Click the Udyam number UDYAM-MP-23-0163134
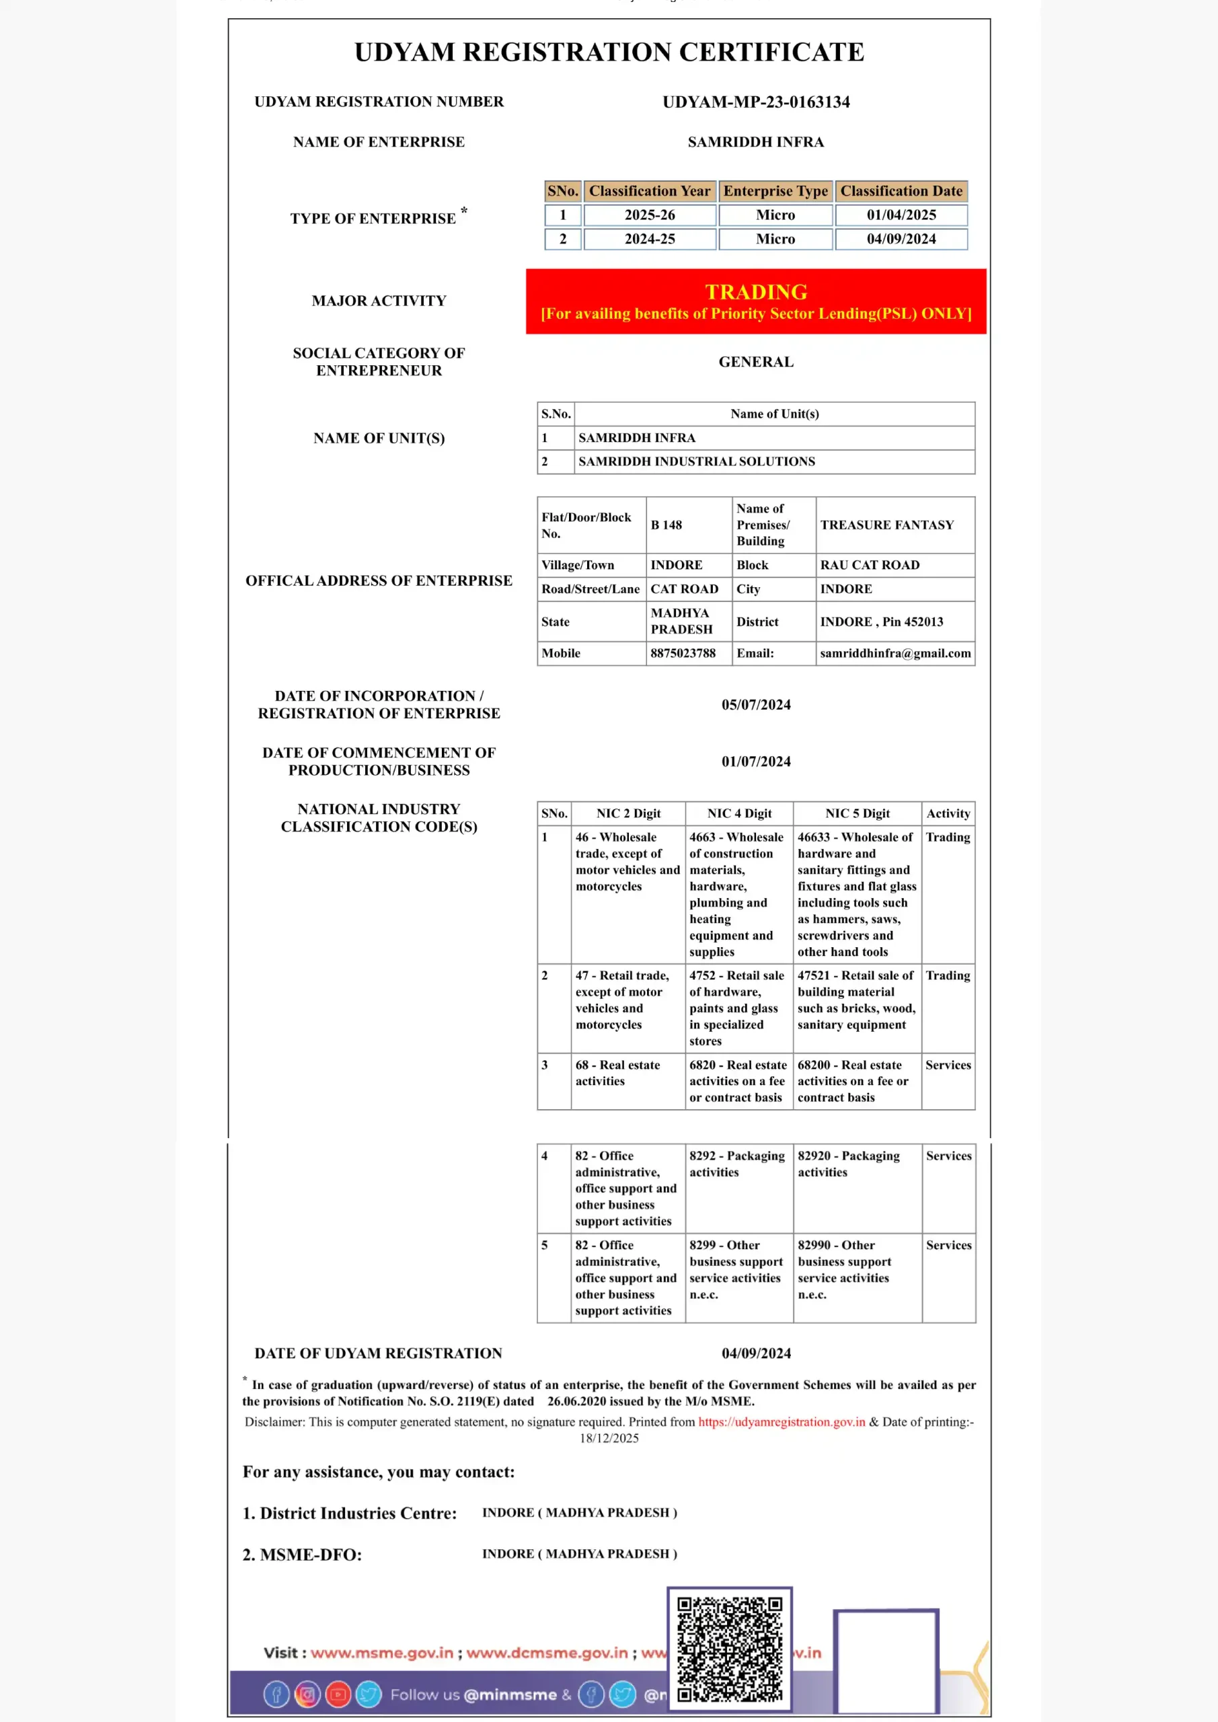[756, 102]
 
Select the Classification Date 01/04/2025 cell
[901, 215]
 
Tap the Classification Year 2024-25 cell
[650, 239]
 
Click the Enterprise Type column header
[775, 191]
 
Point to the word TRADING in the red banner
[756, 292]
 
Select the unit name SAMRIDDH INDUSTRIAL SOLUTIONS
[696, 461]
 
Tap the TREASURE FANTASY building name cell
[886, 525]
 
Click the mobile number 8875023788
[683, 653]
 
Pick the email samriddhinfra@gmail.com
[895, 653]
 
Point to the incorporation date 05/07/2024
[756, 705]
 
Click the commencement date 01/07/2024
[756, 762]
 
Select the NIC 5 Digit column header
[858, 814]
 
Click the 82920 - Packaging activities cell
[848, 1164]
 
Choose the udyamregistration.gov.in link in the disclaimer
[782, 1422]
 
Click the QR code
[729, 1649]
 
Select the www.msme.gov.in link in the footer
[382, 1652]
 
